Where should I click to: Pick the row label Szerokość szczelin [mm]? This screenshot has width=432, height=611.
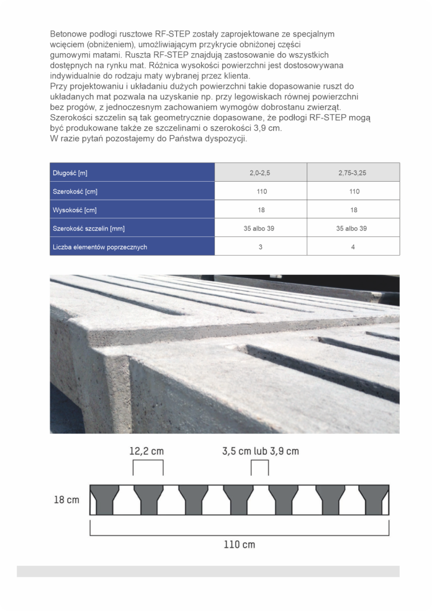point(89,228)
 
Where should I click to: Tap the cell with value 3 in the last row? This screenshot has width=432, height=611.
point(261,247)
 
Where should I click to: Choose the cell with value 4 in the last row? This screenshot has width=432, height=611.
point(353,247)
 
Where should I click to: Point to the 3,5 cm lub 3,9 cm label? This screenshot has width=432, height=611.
point(260,451)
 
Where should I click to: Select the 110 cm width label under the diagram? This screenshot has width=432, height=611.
point(239,545)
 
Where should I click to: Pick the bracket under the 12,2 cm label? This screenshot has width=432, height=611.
point(148,466)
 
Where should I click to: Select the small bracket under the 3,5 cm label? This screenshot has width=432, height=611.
point(260,466)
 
